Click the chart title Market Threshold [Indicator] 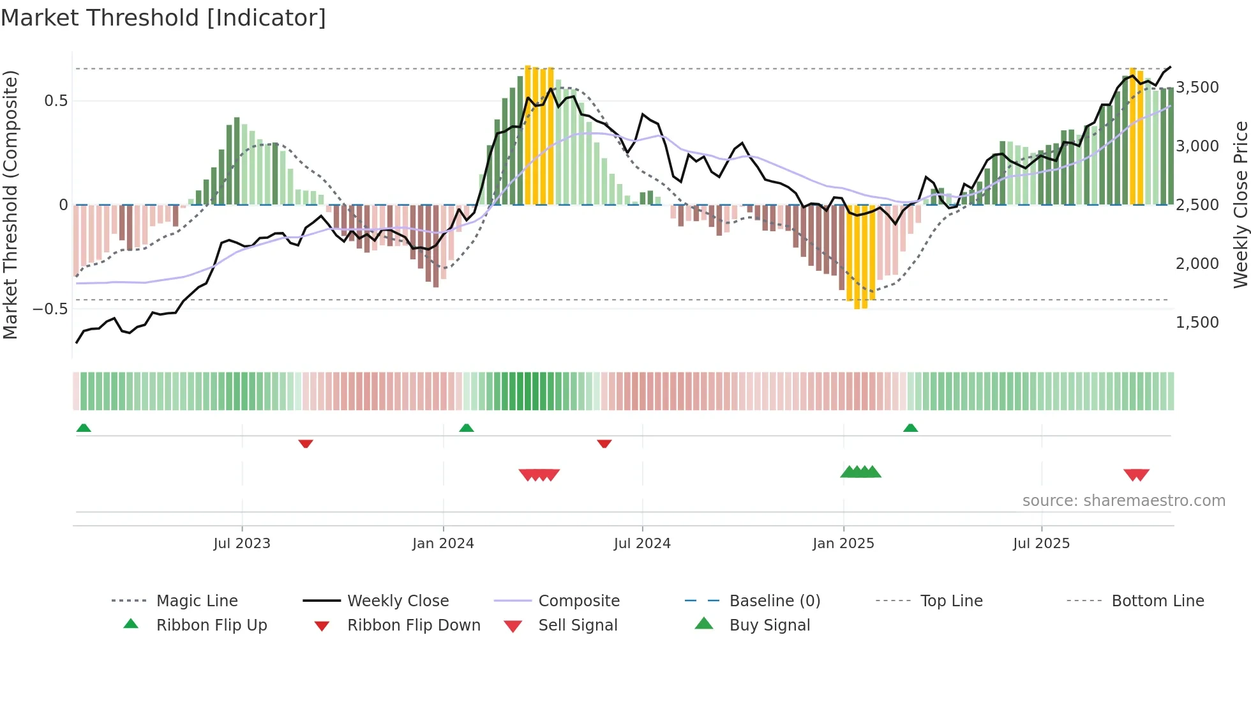click(163, 18)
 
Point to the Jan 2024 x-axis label click(443, 544)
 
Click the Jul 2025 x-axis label click(1041, 544)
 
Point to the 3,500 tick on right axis click(1197, 88)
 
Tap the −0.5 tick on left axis click(50, 309)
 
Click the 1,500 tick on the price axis click(1197, 323)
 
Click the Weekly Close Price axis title click(1240, 204)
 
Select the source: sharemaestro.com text click(1123, 501)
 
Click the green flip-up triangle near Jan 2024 click(467, 428)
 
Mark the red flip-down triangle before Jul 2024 click(604, 443)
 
